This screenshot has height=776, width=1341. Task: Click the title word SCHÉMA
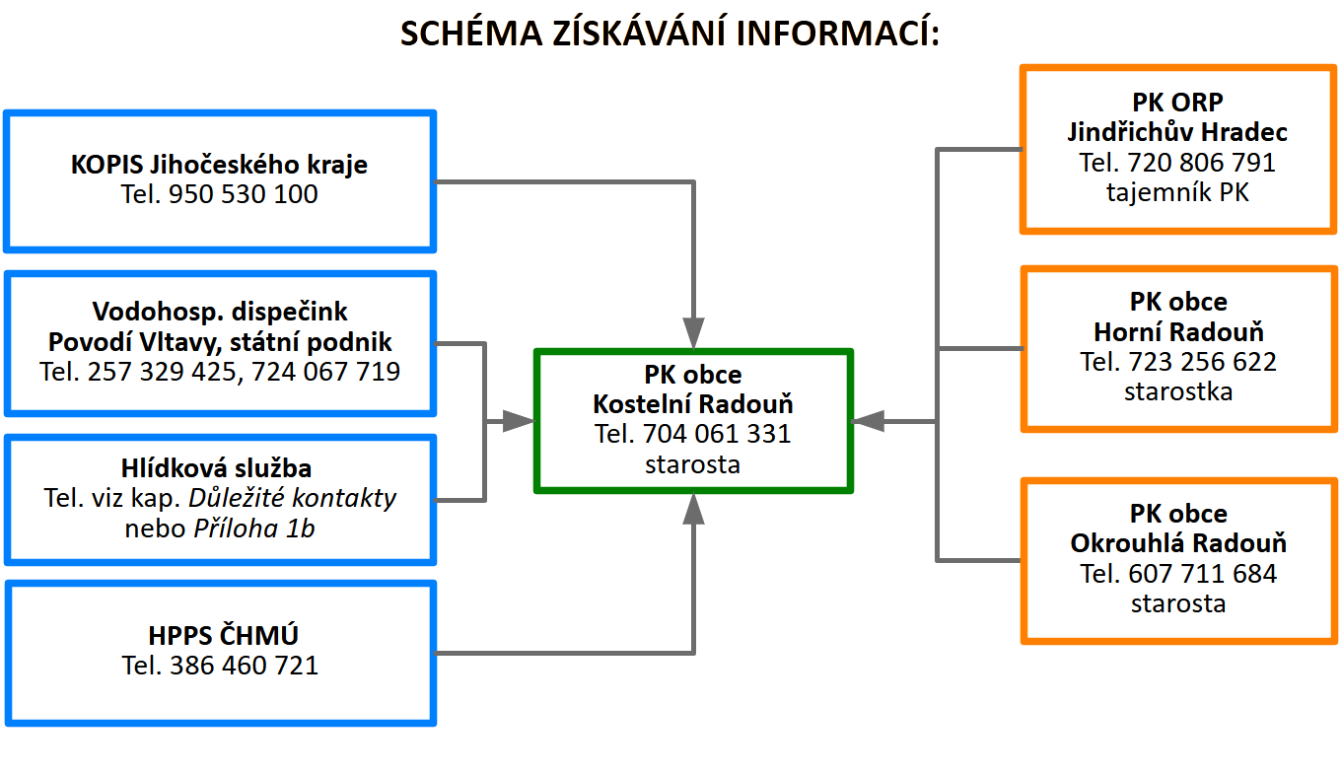click(x=471, y=33)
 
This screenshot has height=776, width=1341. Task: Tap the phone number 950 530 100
click(x=243, y=194)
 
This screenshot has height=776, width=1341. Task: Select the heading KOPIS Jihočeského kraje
click(x=219, y=164)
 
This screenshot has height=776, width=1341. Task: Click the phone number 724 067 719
click(x=325, y=371)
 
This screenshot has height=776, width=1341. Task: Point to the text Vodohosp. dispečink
click(x=220, y=312)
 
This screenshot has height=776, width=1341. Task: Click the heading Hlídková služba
click(x=216, y=467)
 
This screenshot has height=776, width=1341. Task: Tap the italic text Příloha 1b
click(x=254, y=529)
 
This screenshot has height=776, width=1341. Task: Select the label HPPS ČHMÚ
click(x=223, y=635)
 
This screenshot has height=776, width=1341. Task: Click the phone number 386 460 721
click(x=245, y=666)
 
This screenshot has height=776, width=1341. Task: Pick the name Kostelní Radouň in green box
click(x=693, y=404)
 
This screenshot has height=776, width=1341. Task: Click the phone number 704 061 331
click(x=717, y=434)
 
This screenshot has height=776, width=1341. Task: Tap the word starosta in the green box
click(x=692, y=464)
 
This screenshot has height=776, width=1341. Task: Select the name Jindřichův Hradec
click(x=1177, y=132)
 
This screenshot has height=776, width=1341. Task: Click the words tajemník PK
click(x=1177, y=192)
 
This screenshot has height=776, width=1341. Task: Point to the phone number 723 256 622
click(x=1203, y=362)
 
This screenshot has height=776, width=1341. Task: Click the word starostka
click(x=1178, y=391)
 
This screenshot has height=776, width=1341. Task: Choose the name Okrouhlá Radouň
click(x=1178, y=543)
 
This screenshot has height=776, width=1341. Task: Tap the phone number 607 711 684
click(x=1203, y=574)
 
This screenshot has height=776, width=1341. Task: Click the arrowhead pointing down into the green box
click(x=693, y=332)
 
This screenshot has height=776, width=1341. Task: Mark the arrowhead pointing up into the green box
click(x=693, y=509)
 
